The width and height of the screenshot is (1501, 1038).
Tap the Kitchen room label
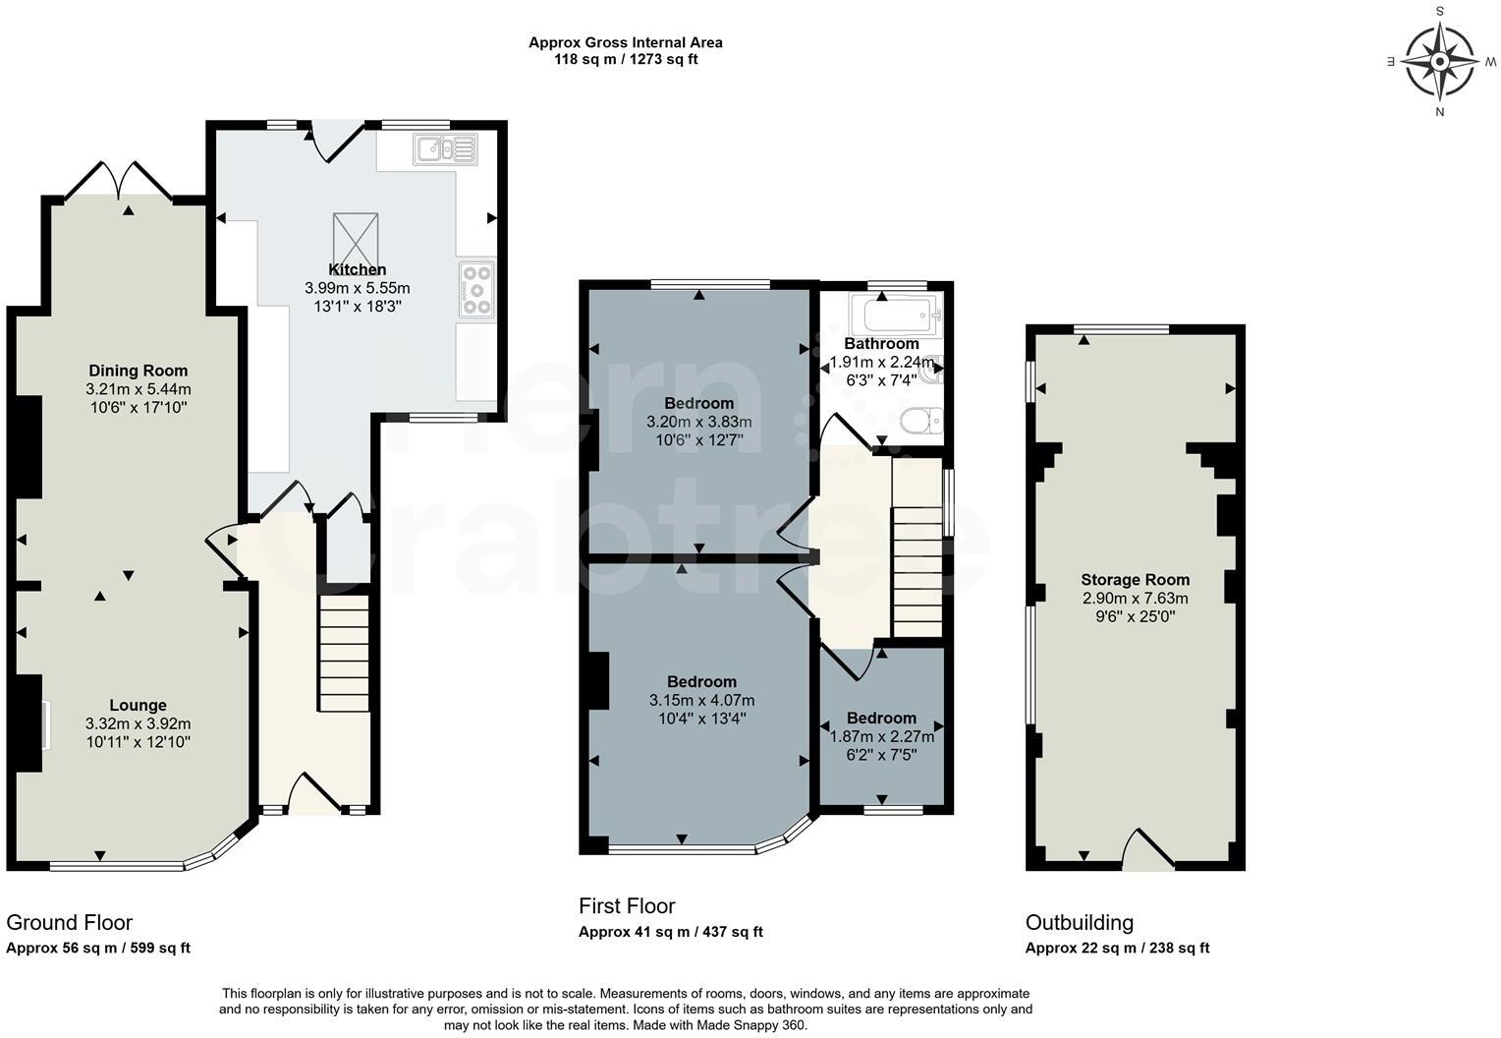click(357, 269)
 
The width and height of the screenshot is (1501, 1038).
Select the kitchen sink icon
click(445, 149)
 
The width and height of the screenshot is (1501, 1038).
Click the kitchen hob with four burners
click(476, 290)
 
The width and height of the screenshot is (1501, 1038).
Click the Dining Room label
click(138, 371)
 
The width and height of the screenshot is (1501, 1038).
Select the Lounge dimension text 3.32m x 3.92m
click(138, 723)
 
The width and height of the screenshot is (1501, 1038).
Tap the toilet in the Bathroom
click(920, 421)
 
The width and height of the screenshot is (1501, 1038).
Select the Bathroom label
click(881, 344)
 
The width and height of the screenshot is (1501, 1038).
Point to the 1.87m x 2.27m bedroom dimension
click(881, 736)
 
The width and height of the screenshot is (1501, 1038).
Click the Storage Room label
click(1135, 580)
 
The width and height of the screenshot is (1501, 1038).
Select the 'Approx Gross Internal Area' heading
click(626, 42)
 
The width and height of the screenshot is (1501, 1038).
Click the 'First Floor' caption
click(627, 905)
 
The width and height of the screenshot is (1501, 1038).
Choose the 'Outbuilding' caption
click(1079, 922)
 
